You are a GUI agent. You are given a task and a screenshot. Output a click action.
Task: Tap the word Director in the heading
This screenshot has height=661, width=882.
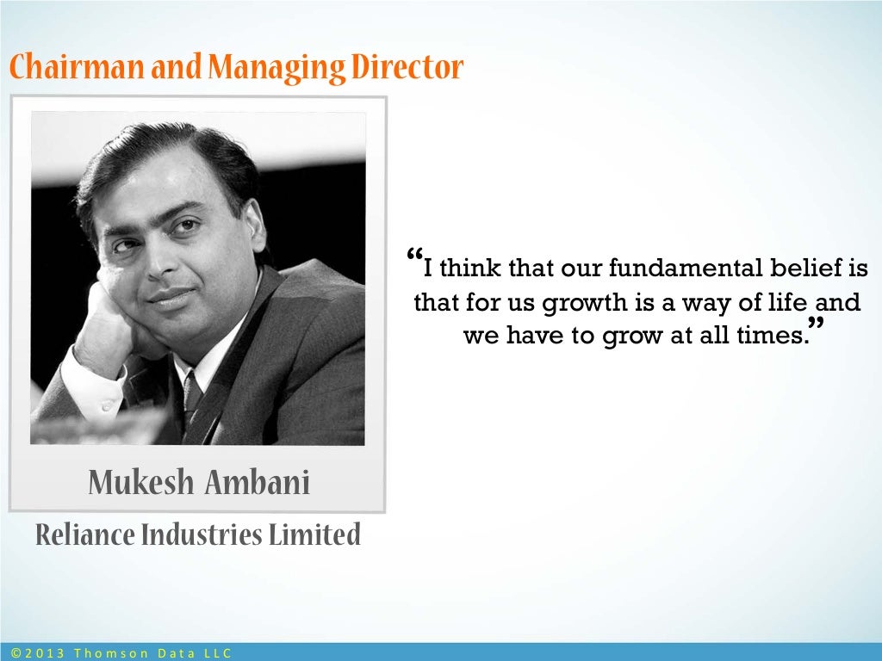click(x=407, y=67)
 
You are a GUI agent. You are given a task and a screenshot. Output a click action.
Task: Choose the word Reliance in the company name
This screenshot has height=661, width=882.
click(x=85, y=535)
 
